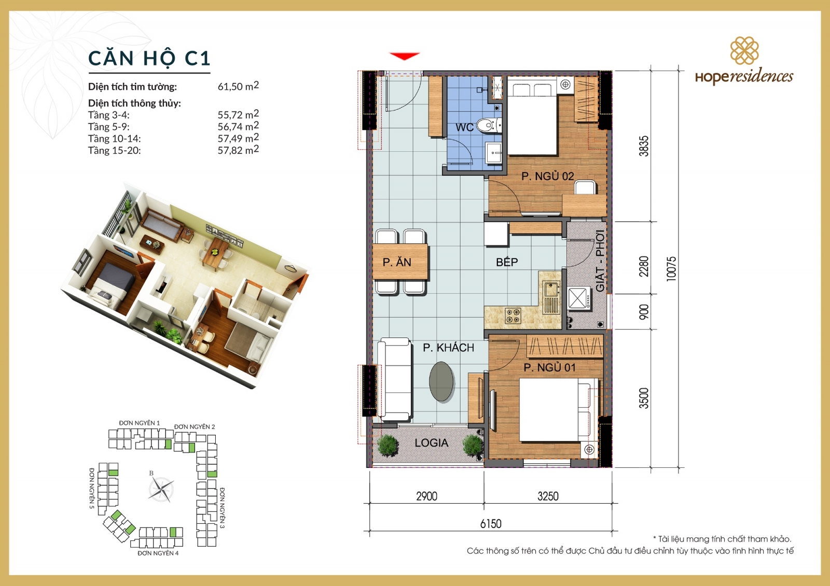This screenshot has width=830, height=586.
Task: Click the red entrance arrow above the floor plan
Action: (x=404, y=56)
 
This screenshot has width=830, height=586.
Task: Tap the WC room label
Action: (x=464, y=127)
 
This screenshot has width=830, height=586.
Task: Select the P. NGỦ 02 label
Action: (x=547, y=176)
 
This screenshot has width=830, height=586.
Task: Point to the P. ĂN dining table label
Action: (x=397, y=262)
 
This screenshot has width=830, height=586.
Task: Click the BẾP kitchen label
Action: (x=506, y=262)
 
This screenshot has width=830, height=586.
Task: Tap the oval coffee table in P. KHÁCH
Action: (x=441, y=381)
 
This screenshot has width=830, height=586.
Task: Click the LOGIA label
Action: (x=431, y=443)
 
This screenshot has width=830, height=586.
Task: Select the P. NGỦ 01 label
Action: (x=549, y=367)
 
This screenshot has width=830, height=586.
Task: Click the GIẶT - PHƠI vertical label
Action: (x=600, y=261)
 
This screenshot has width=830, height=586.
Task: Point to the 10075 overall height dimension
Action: (x=671, y=268)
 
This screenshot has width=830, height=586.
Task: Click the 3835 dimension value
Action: (x=644, y=146)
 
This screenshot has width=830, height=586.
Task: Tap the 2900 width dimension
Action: (x=426, y=496)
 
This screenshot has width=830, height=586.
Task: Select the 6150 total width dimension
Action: (x=490, y=524)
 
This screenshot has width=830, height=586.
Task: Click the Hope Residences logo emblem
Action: (x=744, y=50)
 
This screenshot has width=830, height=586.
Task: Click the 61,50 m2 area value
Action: (x=238, y=86)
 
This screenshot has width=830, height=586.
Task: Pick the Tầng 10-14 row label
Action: (x=114, y=139)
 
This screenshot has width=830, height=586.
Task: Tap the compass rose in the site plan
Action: (x=161, y=489)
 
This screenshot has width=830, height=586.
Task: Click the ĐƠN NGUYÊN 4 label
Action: (x=158, y=553)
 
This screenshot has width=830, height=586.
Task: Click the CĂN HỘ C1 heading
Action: (x=149, y=59)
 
